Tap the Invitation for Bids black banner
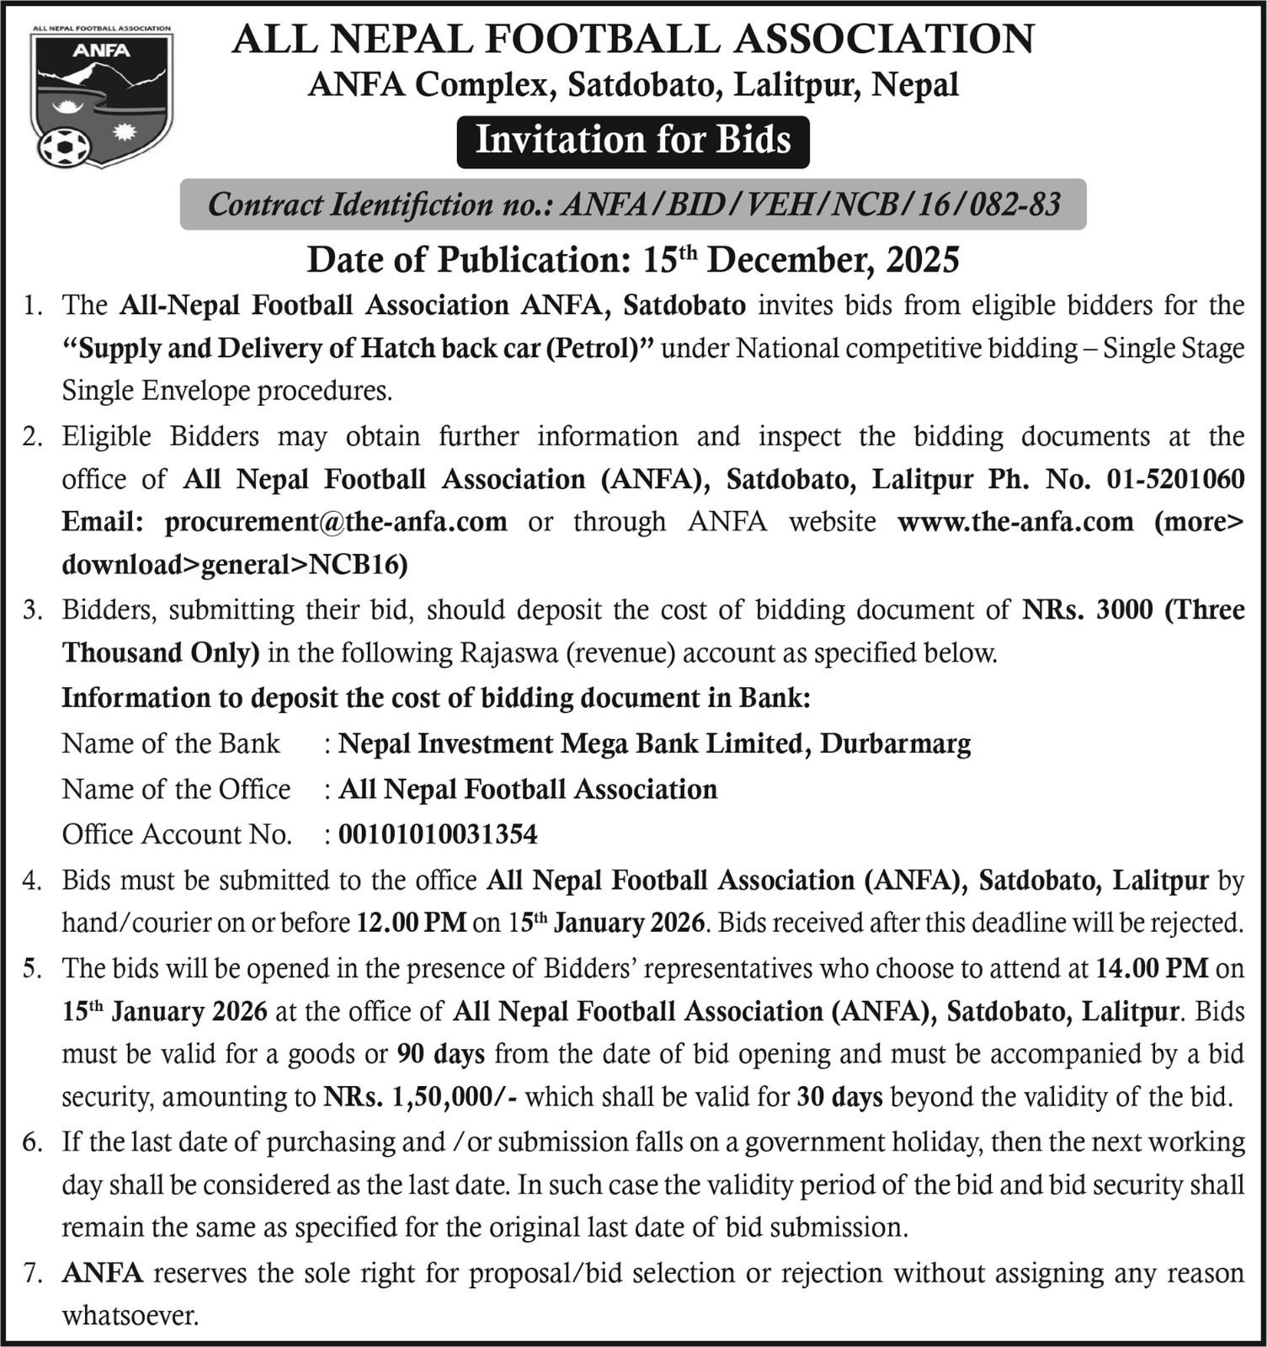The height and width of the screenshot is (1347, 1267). (633, 141)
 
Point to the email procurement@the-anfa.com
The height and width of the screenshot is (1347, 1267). (336, 522)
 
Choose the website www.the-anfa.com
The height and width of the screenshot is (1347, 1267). (1015, 522)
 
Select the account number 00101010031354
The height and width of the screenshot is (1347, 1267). (438, 834)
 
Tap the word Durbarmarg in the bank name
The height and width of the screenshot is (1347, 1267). (896, 743)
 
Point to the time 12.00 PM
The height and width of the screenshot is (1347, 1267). (412, 923)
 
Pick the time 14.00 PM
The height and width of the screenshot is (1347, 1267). (1152, 967)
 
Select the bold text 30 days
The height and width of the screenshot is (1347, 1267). (839, 1097)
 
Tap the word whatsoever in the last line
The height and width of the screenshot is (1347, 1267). (130, 1315)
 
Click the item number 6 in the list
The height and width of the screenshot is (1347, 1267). (32, 1142)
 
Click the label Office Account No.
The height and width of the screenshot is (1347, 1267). (177, 834)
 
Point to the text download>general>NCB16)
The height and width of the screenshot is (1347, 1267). (235, 565)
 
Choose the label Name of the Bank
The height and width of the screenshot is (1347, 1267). (171, 743)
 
